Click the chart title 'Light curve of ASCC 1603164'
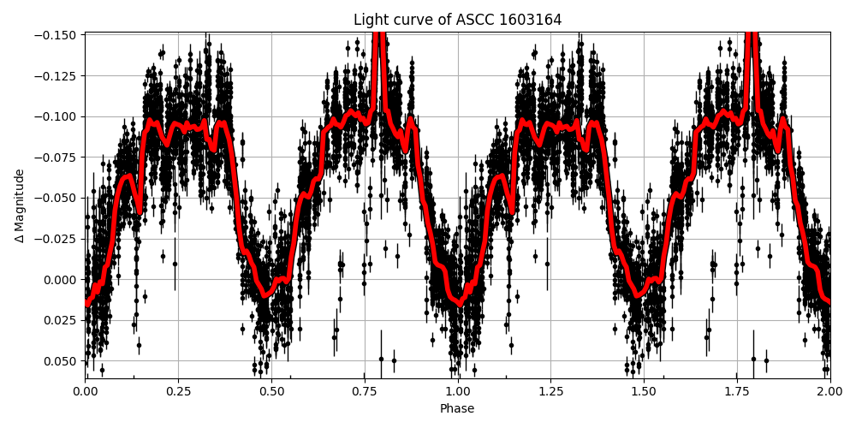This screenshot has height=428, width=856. pyautogui.click(x=457, y=20)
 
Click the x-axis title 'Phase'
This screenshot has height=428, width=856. pyautogui.click(x=457, y=409)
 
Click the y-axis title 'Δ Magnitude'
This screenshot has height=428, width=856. pyautogui.click(x=19, y=205)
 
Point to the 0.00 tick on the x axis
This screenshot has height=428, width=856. pyautogui.click(x=86, y=391)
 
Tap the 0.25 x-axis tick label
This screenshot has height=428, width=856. pyautogui.click(x=178, y=391)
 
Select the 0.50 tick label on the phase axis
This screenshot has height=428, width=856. pyautogui.click(x=271, y=391)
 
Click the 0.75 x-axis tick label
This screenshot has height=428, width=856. pyautogui.click(x=365, y=391)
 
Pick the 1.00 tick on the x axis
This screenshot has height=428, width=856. pyautogui.click(x=458, y=391)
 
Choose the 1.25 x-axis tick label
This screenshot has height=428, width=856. pyautogui.click(x=550, y=391)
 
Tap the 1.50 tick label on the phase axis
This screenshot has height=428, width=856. pyautogui.click(x=644, y=391)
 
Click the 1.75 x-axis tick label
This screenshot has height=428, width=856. pyautogui.click(x=737, y=391)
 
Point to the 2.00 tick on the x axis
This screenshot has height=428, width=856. pyautogui.click(x=829, y=391)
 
